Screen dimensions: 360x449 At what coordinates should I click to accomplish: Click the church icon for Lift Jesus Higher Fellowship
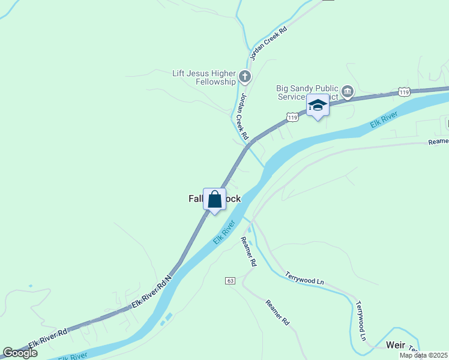[244, 77]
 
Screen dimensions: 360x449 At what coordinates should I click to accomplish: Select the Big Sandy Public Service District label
[307, 91]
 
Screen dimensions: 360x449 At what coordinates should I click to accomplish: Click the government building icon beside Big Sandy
[348, 91]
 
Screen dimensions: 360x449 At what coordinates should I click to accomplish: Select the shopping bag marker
[215, 200]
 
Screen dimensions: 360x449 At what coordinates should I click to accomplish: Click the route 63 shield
[230, 281]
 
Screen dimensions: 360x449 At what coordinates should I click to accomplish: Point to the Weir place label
[396, 345]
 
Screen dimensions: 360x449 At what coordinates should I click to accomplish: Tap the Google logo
[20, 353]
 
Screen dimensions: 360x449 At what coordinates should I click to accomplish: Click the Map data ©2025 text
[423, 355]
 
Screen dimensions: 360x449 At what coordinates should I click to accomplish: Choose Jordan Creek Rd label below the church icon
[241, 116]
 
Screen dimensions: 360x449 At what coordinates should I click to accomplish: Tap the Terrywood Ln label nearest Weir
[361, 321]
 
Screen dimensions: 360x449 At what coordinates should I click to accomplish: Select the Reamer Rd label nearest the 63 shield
[249, 252]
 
